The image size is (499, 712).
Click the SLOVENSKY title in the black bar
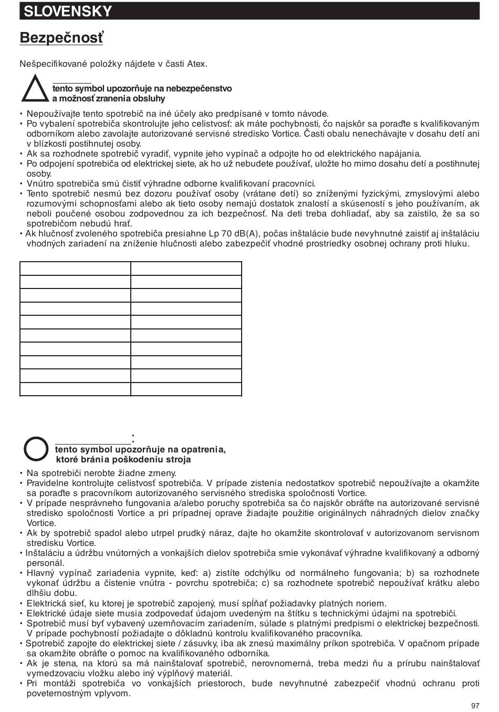pyautogui.click(x=68, y=11)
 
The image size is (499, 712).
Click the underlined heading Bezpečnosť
pyautogui.click(x=61, y=38)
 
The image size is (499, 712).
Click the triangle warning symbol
pyautogui.click(x=36, y=88)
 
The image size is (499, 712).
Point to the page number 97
pyautogui.click(x=475, y=705)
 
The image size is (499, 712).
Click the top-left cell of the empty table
pyautogui.click(x=75, y=268)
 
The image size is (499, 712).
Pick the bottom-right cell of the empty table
pyautogui.click(x=186, y=389)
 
